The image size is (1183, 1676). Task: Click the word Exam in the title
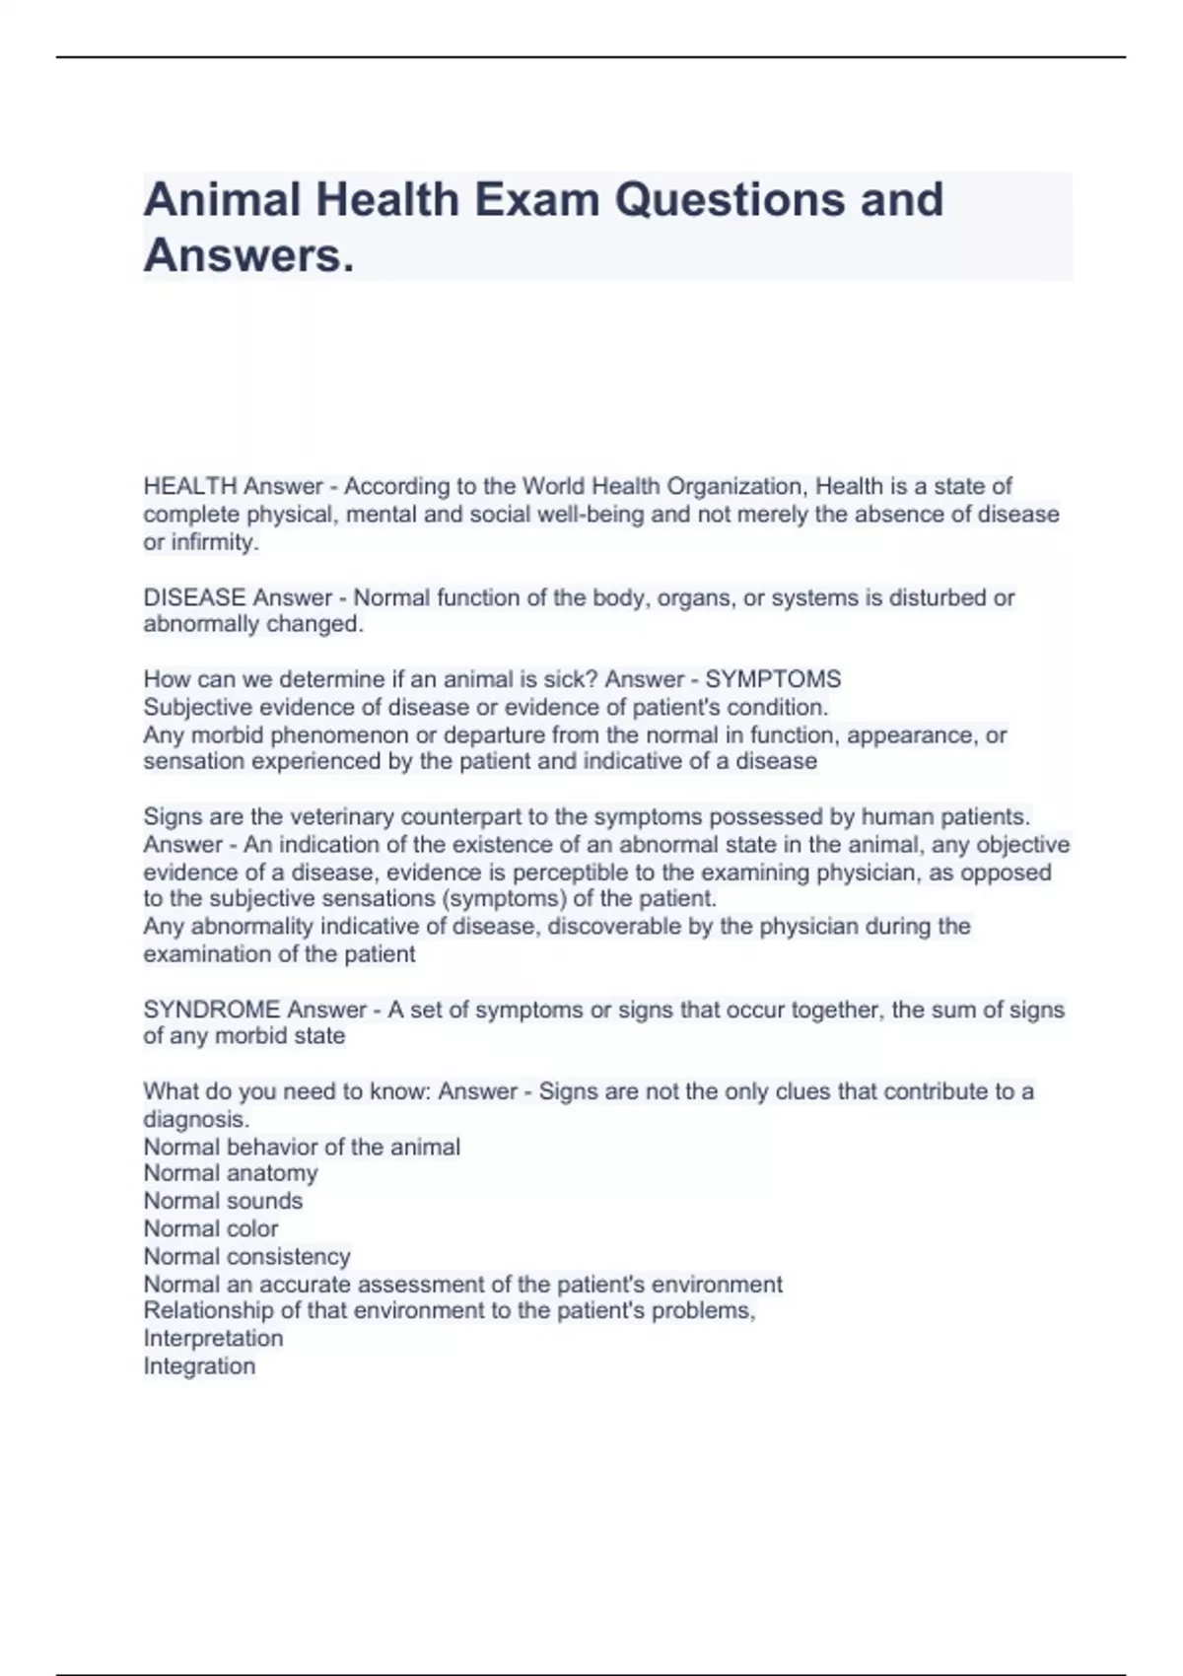pyautogui.click(x=537, y=200)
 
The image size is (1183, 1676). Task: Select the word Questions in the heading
pyautogui.click(x=731, y=200)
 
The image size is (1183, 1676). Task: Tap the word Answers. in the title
pyautogui.click(x=248, y=256)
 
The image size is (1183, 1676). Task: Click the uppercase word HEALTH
pyautogui.click(x=190, y=486)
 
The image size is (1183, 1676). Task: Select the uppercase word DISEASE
pyautogui.click(x=194, y=597)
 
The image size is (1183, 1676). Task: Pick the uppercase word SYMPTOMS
pyautogui.click(x=773, y=679)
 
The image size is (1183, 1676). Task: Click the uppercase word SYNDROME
pyautogui.click(x=212, y=1010)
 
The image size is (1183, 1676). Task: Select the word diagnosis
pyautogui.click(x=196, y=1119)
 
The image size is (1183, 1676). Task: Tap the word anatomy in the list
pyautogui.click(x=272, y=1173)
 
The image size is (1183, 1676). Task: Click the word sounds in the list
pyautogui.click(x=264, y=1201)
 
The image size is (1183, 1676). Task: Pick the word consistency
pyautogui.click(x=288, y=1256)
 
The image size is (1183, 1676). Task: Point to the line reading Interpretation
pyautogui.click(x=213, y=1338)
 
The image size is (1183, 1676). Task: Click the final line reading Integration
pyautogui.click(x=199, y=1365)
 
